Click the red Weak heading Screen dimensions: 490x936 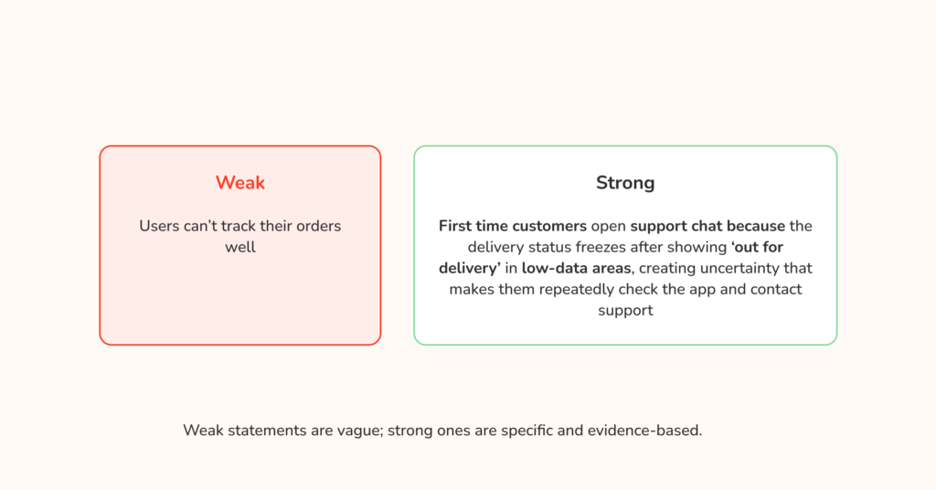click(239, 183)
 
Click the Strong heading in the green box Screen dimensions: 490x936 click(625, 183)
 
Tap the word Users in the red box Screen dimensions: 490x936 click(160, 226)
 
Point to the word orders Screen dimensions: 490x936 click(316, 226)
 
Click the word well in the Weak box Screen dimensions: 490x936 click(239, 247)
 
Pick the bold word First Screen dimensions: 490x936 click(456, 226)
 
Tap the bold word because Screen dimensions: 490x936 click(756, 226)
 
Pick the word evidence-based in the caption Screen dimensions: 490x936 click(651, 430)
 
